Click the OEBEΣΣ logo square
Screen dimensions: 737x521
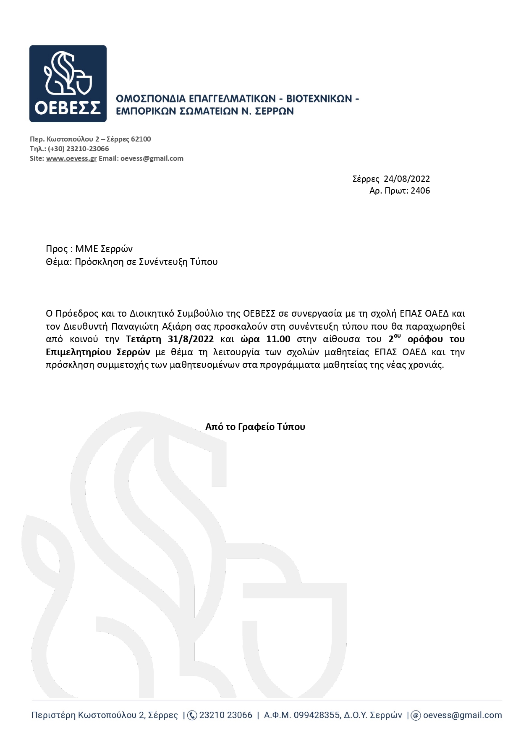pos(68,84)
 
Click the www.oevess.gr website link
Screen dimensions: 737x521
pos(71,158)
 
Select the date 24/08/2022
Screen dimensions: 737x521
pos(407,179)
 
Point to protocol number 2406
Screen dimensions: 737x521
pos(420,191)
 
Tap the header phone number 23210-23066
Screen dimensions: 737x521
pos(87,149)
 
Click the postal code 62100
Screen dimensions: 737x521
pos(141,139)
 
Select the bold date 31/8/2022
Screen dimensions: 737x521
pos(191,339)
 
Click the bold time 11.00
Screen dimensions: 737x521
pos(278,339)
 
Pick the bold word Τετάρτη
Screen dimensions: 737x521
pos(144,339)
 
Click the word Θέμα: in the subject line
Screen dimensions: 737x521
pos(59,262)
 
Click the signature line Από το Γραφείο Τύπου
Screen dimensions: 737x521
pos(255,427)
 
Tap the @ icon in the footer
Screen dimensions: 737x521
pos(416,715)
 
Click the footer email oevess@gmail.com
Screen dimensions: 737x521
pos(462,715)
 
